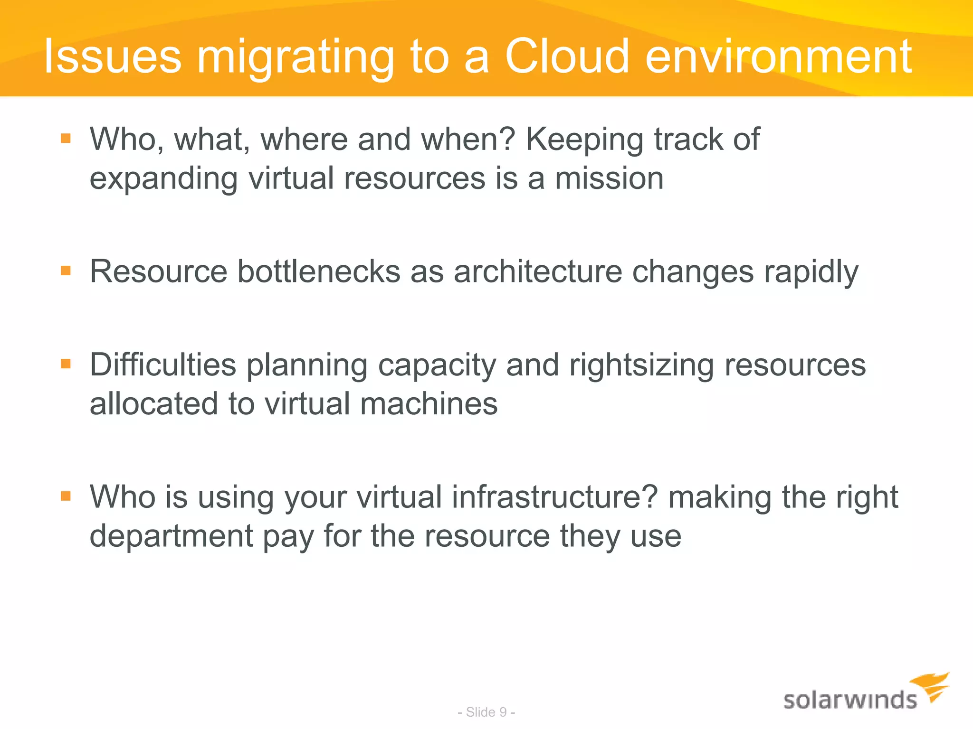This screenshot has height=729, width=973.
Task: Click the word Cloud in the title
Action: (x=566, y=57)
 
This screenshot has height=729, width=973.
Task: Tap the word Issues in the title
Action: (x=113, y=57)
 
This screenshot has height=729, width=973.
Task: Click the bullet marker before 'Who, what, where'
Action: (x=66, y=139)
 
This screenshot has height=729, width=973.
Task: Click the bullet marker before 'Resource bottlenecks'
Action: (x=66, y=271)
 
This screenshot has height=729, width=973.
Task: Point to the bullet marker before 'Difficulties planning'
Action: (x=66, y=364)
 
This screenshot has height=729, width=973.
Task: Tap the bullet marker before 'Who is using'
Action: (x=66, y=496)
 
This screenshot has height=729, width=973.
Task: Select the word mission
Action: (x=609, y=179)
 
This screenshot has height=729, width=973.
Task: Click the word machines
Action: (x=429, y=404)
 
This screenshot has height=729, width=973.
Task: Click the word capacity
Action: (x=436, y=366)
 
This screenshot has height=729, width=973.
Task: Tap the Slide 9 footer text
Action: (x=486, y=712)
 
